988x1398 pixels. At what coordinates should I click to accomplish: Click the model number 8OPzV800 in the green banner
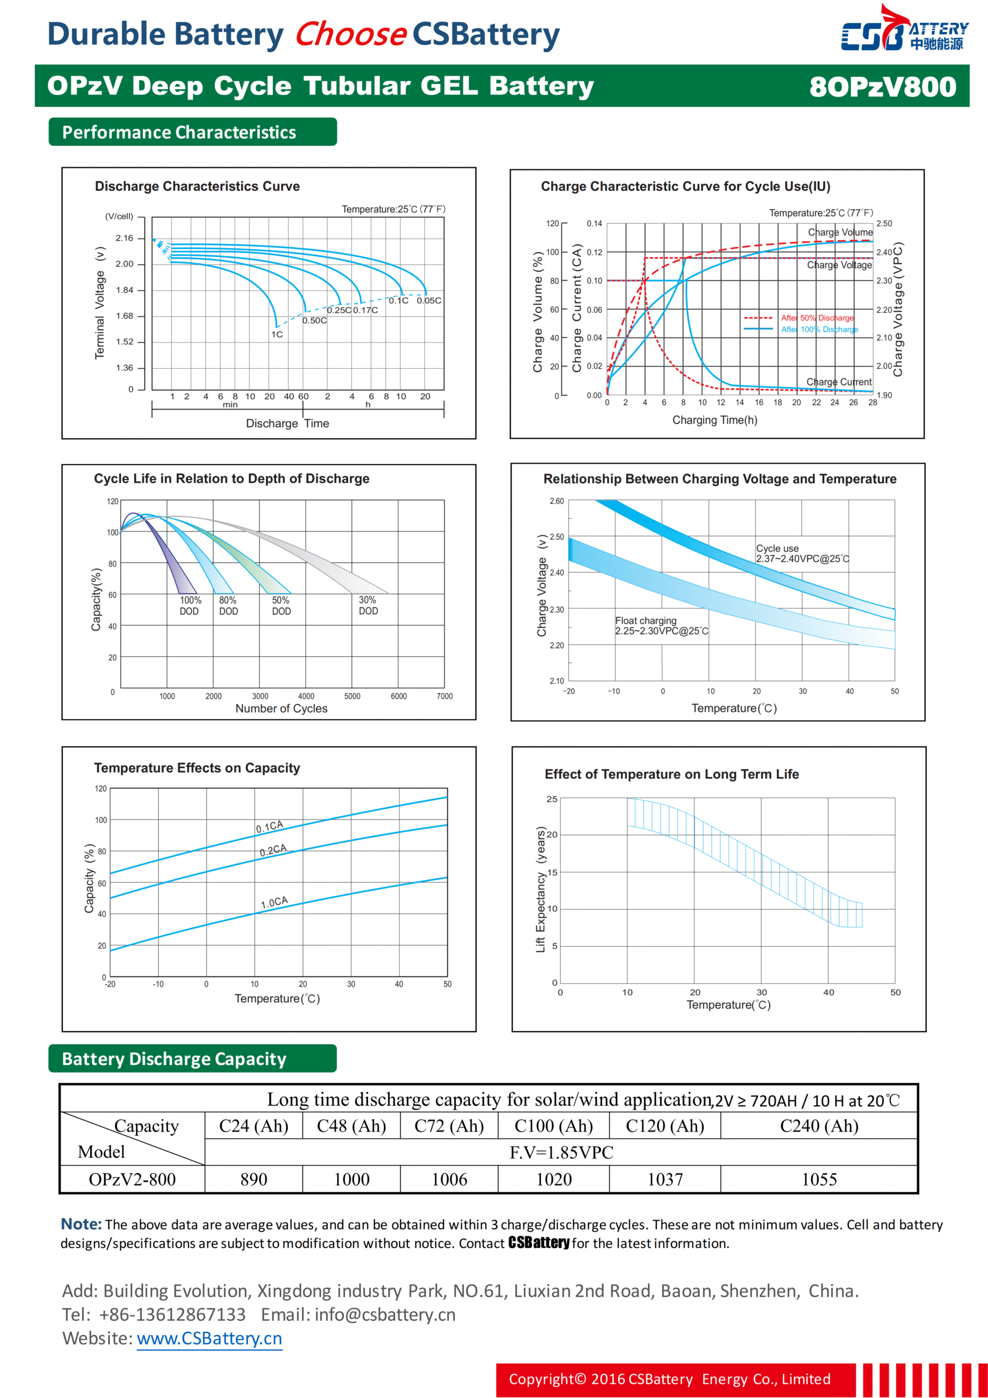point(882,86)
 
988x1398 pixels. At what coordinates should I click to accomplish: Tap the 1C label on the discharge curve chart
point(277,334)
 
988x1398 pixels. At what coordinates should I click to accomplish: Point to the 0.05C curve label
point(428,301)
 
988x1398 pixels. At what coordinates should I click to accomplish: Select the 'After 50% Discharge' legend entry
point(817,318)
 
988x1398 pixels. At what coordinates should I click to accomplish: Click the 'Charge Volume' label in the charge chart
point(840,233)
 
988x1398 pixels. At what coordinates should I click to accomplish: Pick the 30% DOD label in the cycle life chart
point(368,605)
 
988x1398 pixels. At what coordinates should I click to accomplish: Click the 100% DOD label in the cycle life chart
point(190,605)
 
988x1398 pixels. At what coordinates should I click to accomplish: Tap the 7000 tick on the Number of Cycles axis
point(444,696)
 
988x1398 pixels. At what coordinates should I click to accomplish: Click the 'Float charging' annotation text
point(645,620)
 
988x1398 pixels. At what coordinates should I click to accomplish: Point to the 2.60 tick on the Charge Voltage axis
point(556,501)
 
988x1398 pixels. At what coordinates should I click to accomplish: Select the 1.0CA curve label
point(274,902)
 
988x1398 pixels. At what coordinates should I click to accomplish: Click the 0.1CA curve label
point(270,826)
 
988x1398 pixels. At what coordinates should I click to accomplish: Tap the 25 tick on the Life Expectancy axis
point(551,799)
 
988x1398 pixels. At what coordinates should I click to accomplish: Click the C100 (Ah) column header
point(553,1126)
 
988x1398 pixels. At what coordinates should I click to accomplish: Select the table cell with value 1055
point(819,1180)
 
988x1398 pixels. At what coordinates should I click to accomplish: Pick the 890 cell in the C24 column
point(253,1180)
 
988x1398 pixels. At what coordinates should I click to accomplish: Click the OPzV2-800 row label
point(132,1180)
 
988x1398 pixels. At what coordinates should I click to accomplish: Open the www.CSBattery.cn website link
point(209,1338)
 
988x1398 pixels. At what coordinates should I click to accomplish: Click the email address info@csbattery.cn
point(385,1314)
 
